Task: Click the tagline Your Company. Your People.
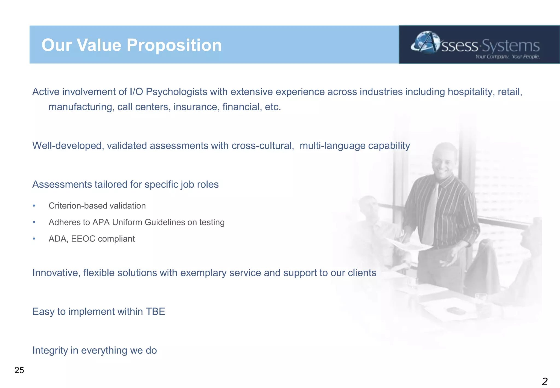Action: [507, 57]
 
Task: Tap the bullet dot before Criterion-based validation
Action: [34, 206]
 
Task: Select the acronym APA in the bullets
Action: [101, 222]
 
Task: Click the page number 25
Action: [19, 370]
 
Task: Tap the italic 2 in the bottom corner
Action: [544, 381]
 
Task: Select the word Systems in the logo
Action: [511, 46]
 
